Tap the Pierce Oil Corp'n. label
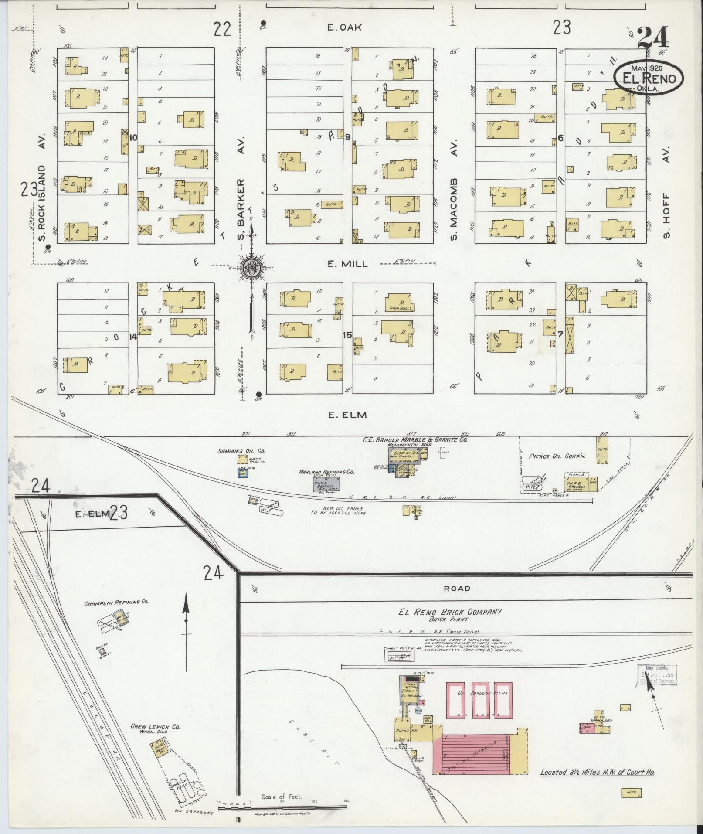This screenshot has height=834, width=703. [x=557, y=456]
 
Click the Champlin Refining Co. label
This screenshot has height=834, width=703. [x=117, y=602]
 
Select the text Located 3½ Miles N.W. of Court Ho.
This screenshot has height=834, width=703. [x=598, y=772]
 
